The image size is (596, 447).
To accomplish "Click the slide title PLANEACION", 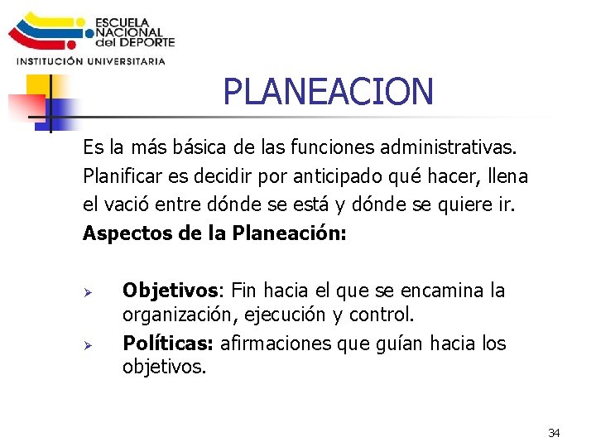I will click(328, 91).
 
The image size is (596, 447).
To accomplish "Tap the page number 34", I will click(554, 433).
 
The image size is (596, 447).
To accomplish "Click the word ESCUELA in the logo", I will click(122, 22).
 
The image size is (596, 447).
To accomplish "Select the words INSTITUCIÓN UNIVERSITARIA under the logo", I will click(91, 60).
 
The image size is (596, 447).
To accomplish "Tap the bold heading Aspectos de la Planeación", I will click(214, 233).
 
